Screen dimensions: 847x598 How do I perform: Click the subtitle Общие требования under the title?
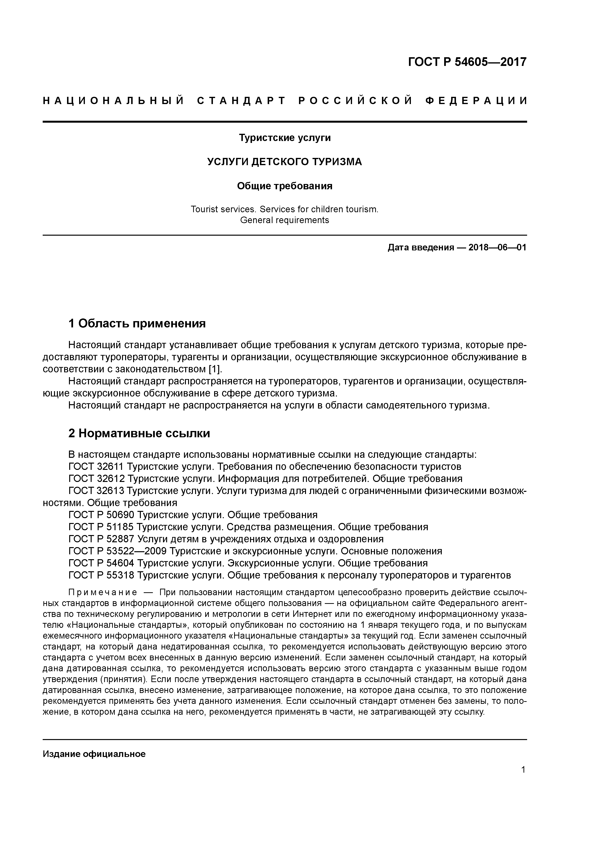coord(285,186)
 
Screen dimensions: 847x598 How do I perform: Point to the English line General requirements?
coord(285,220)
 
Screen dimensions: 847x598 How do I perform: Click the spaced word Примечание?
coord(103,593)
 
